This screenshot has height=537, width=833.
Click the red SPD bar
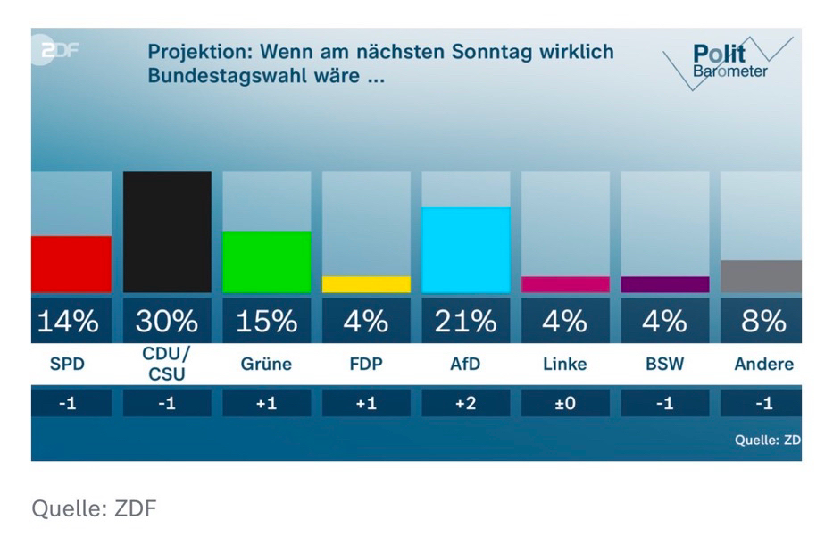[x=71, y=264]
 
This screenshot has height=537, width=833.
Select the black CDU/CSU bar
[x=167, y=231]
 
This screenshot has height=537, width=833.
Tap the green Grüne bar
[x=266, y=262]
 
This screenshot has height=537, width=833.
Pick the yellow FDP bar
[x=366, y=284]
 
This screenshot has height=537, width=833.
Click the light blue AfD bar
[x=465, y=249]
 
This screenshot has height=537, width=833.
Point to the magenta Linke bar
[x=565, y=284]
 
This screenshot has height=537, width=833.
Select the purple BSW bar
[x=664, y=284]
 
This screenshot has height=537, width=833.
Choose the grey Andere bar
[x=762, y=276]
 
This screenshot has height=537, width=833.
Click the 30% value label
[x=167, y=321]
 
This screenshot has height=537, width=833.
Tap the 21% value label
[x=465, y=321]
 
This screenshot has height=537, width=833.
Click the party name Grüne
[x=266, y=365]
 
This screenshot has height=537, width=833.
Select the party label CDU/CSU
[x=167, y=365]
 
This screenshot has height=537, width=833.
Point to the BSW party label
[x=664, y=365]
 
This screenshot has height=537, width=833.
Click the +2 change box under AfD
[x=465, y=403]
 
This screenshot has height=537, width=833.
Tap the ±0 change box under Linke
[x=565, y=403]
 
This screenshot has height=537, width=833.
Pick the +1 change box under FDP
[x=366, y=403]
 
